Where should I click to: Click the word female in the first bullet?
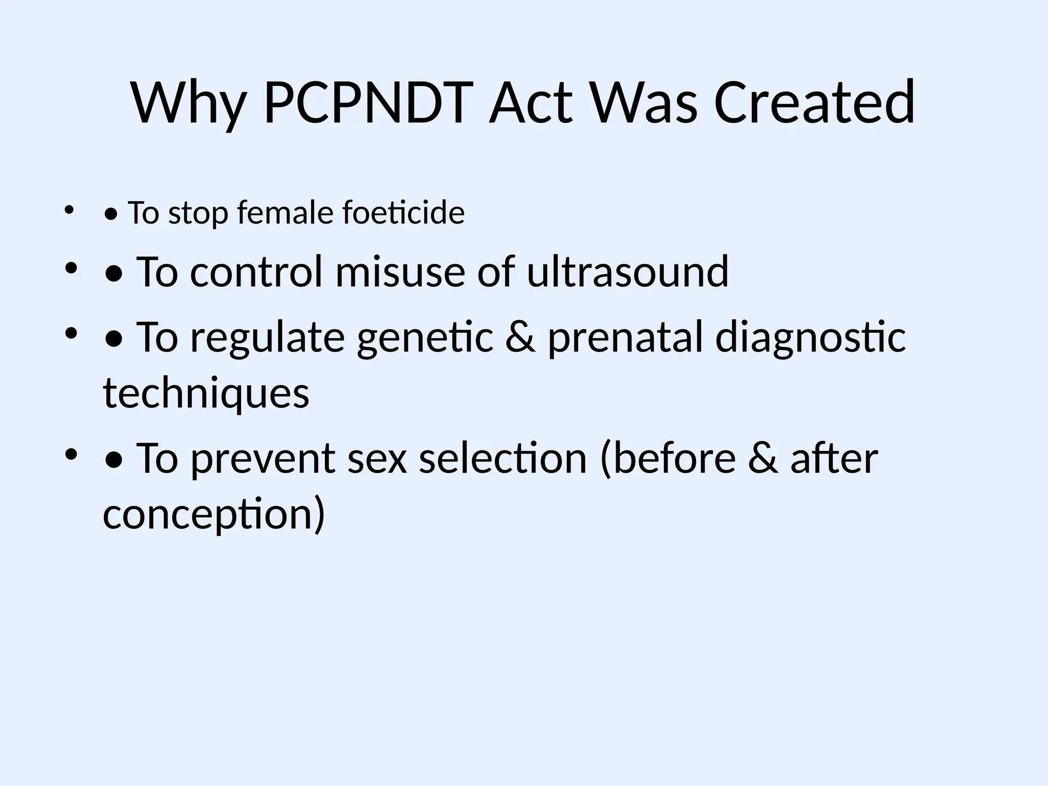tap(285, 212)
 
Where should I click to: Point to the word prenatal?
tap(625, 338)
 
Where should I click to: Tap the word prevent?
tap(263, 459)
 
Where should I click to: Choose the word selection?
tap(503, 458)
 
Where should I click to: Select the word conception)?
tap(214, 515)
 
